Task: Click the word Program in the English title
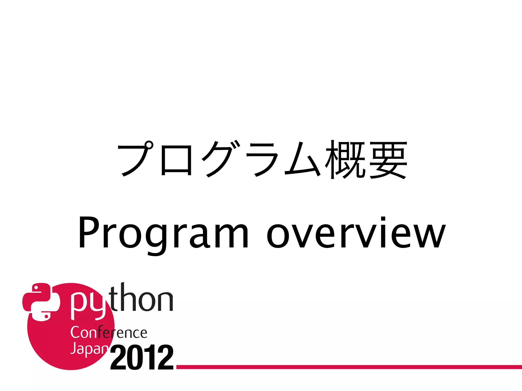163,233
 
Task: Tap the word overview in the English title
356,233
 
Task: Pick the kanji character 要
388,160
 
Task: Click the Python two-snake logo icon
41,302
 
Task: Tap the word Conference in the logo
109,332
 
